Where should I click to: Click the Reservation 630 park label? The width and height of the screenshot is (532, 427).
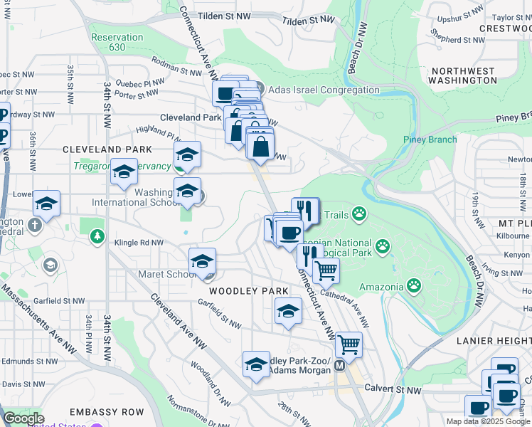pyautogui.click(x=117, y=42)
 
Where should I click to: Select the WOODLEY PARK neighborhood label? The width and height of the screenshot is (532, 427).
pyautogui.click(x=248, y=291)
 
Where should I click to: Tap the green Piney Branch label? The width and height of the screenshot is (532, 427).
pyautogui.click(x=430, y=139)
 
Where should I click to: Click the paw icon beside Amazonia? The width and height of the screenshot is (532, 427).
pyautogui.click(x=414, y=285)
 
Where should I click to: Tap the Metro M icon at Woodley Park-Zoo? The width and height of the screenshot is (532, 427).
pyautogui.click(x=339, y=365)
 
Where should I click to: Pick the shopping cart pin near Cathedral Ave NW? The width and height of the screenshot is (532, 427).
pyautogui.click(x=326, y=270)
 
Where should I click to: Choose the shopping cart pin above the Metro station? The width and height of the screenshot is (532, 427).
pyautogui.click(x=349, y=344)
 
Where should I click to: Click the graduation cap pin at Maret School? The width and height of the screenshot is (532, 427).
pyautogui.click(x=202, y=260)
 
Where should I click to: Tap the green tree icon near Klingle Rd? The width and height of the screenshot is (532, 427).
pyautogui.click(x=97, y=236)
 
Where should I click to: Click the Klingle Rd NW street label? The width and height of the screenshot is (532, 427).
pyautogui.click(x=139, y=243)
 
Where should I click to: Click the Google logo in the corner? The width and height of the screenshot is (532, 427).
pyautogui.click(x=23, y=418)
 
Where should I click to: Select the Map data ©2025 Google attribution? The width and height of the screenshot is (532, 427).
pyautogui.click(x=489, y=421)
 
